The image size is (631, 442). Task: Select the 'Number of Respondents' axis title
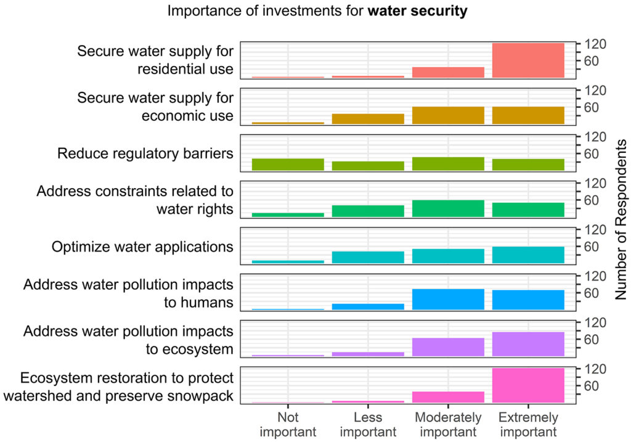621,220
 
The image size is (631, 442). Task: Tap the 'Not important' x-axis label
288,424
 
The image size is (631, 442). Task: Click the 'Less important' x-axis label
368,424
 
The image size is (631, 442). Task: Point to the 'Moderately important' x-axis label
448,424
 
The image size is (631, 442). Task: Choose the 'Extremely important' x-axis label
528,424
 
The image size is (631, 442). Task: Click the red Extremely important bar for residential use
528,60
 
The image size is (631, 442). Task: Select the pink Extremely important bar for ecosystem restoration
528,385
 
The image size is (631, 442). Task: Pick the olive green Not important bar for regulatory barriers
288,164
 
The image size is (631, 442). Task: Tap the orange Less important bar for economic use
368,119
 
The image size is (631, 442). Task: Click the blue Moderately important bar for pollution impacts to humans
448,299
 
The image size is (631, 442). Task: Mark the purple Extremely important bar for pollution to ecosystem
528,344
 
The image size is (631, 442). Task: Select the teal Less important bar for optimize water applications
368,258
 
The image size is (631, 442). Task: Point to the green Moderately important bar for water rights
448,208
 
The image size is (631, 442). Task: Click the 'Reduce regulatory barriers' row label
145,153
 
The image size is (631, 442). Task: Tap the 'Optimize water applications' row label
142,247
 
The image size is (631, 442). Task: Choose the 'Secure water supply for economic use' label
155,107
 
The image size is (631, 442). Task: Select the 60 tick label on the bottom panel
592,386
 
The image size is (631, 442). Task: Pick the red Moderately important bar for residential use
448,72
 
